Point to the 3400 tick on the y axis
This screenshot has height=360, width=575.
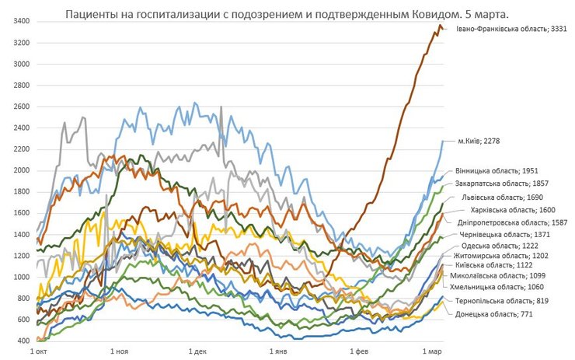(21, 21)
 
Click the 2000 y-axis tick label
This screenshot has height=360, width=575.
(21, 170)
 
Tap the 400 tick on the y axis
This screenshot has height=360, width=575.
(23, 341)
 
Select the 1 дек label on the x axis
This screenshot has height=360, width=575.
(197, 351)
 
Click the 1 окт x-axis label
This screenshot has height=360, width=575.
(38, 351)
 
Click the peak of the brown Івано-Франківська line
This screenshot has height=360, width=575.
(440, 26)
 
